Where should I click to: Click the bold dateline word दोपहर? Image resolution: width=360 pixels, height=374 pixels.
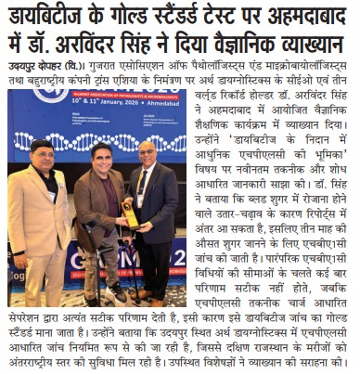[x=50, y=68]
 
